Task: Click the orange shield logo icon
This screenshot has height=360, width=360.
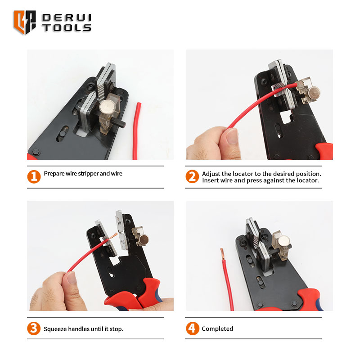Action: [x=25, y=22]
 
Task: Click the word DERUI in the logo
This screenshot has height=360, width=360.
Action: [x=67, y=18]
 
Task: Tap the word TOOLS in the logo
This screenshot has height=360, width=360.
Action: [x=67, y=28]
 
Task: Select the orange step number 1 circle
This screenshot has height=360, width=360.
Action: [x=34, y=177]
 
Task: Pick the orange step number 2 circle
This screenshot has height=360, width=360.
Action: [x=192, y=176]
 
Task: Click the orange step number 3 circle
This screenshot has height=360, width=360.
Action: [x=34, y=328]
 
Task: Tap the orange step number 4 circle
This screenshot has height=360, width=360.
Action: [x=193, y=328]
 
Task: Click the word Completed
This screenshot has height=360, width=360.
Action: [x=217, y=329]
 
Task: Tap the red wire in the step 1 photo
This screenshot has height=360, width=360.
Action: [x=137, y=131]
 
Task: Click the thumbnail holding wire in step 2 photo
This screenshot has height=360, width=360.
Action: [x=231, y=136]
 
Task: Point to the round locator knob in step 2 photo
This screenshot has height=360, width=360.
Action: [x=314, y=93]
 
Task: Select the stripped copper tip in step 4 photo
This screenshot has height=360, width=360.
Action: [x=222, y=254]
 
